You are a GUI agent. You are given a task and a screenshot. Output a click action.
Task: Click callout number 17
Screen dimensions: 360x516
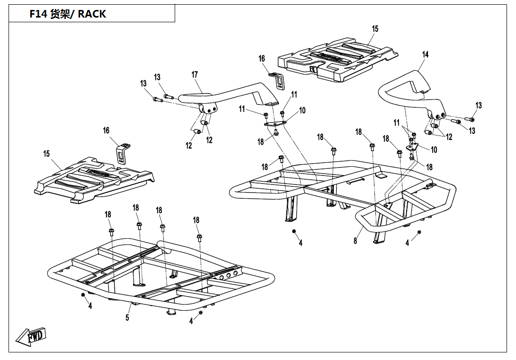(195, 75)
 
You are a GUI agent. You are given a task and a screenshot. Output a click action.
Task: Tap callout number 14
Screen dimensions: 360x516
(425, 54)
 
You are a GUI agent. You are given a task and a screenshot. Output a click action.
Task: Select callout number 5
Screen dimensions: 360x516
(127, 317)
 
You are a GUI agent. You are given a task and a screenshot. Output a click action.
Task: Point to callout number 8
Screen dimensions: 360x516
(355, 241)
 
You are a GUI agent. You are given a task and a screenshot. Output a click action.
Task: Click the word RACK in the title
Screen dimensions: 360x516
(92, 14)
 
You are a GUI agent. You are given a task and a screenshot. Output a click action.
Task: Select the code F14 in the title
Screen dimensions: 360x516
(38, 14)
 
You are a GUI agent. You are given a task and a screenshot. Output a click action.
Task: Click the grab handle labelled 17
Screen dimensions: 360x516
(227, 92)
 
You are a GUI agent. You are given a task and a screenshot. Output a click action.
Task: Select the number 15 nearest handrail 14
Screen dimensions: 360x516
(375, 29)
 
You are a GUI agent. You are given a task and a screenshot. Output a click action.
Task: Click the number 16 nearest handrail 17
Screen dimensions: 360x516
(262, 59)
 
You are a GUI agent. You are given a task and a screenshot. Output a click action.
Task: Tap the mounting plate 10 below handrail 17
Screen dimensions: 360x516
(275, 124)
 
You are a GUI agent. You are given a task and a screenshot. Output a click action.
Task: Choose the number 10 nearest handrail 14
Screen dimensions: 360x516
(434, 150)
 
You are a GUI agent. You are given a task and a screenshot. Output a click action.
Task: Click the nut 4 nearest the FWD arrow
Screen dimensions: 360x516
(83, 295)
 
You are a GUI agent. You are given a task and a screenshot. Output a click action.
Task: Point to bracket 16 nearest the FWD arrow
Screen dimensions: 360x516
(123, 153)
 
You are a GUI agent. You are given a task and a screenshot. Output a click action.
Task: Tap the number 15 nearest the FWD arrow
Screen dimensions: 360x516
(46, 153)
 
